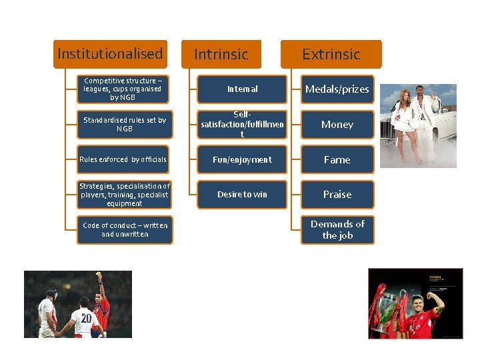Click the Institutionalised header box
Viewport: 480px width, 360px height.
110,54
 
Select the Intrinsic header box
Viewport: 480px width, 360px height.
221,54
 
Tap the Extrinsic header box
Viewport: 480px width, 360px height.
331,54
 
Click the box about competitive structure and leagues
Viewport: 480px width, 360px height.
124,89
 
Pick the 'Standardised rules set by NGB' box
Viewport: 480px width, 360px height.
124,124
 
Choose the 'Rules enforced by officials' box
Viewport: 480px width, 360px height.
124,159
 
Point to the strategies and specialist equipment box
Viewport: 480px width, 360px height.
124,195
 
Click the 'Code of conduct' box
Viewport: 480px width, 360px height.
124,230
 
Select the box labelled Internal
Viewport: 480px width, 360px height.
242,89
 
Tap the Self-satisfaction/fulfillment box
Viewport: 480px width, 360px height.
242,124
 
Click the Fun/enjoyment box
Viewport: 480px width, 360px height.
242,159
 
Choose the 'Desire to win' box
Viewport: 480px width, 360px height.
242,195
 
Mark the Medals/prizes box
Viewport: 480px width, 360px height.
337,89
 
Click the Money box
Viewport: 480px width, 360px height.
337,124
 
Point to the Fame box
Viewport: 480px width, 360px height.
337,159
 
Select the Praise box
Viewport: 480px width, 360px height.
337,195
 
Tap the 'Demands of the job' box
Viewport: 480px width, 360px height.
337,230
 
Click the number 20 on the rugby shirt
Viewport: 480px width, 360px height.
86,319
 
